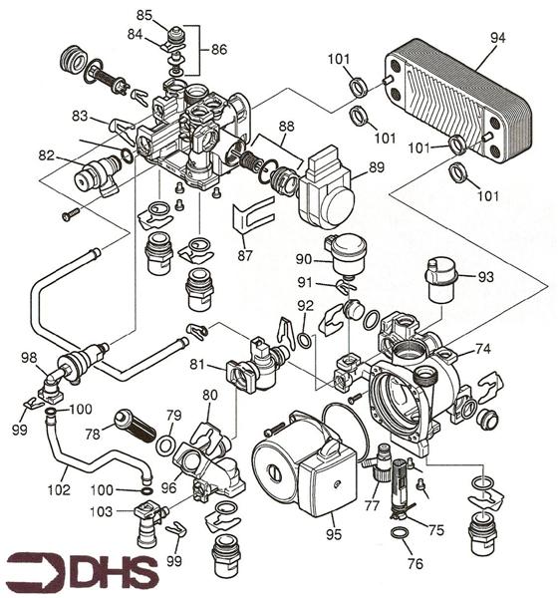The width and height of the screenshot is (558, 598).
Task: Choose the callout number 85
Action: pyautogui.click(x=144, y=16)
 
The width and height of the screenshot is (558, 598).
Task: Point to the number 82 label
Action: pyautogui.click(x=46, y=155)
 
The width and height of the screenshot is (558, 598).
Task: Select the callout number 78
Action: pyautogui.click(x=92, y=434)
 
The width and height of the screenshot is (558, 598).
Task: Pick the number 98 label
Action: pyautogui.click(x=29, y=358)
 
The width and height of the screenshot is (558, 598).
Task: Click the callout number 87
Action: pyautogui.click(x=245, y=256)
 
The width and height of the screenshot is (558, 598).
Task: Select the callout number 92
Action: pyautogui.click(x=305, y=305)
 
